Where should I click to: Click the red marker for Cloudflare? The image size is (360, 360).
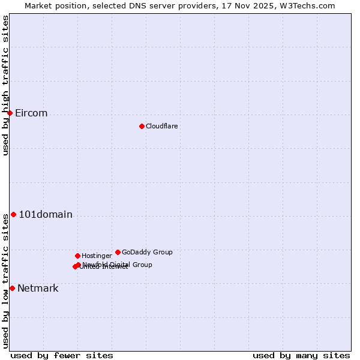[x=142, y=126]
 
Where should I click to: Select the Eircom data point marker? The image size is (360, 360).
[x=10, y=113]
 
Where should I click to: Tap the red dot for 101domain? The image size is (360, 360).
[x=13, y=214]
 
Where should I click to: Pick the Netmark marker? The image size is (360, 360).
[x=12, y=288]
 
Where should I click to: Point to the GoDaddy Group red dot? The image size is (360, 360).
[x=118, y=252]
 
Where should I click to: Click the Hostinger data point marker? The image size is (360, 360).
[x=77, y=256]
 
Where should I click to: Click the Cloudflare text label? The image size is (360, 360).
[x=162, y=126]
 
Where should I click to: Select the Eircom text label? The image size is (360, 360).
[x=31, y=113]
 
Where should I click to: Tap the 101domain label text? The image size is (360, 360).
[x=46, y=215]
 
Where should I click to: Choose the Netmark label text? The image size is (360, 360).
[x=38, y=289]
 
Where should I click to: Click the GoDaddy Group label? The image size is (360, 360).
[x=147, y=252]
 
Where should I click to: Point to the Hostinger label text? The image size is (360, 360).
[x=97, y=256]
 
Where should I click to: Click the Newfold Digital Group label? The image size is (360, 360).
[x=118, y=264]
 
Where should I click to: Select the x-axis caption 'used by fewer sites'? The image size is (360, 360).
[x=62, y=355]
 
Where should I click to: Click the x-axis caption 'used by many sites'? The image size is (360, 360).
[x=301, y=355]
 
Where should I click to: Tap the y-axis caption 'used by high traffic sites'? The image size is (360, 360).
[x=5, y=86]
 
